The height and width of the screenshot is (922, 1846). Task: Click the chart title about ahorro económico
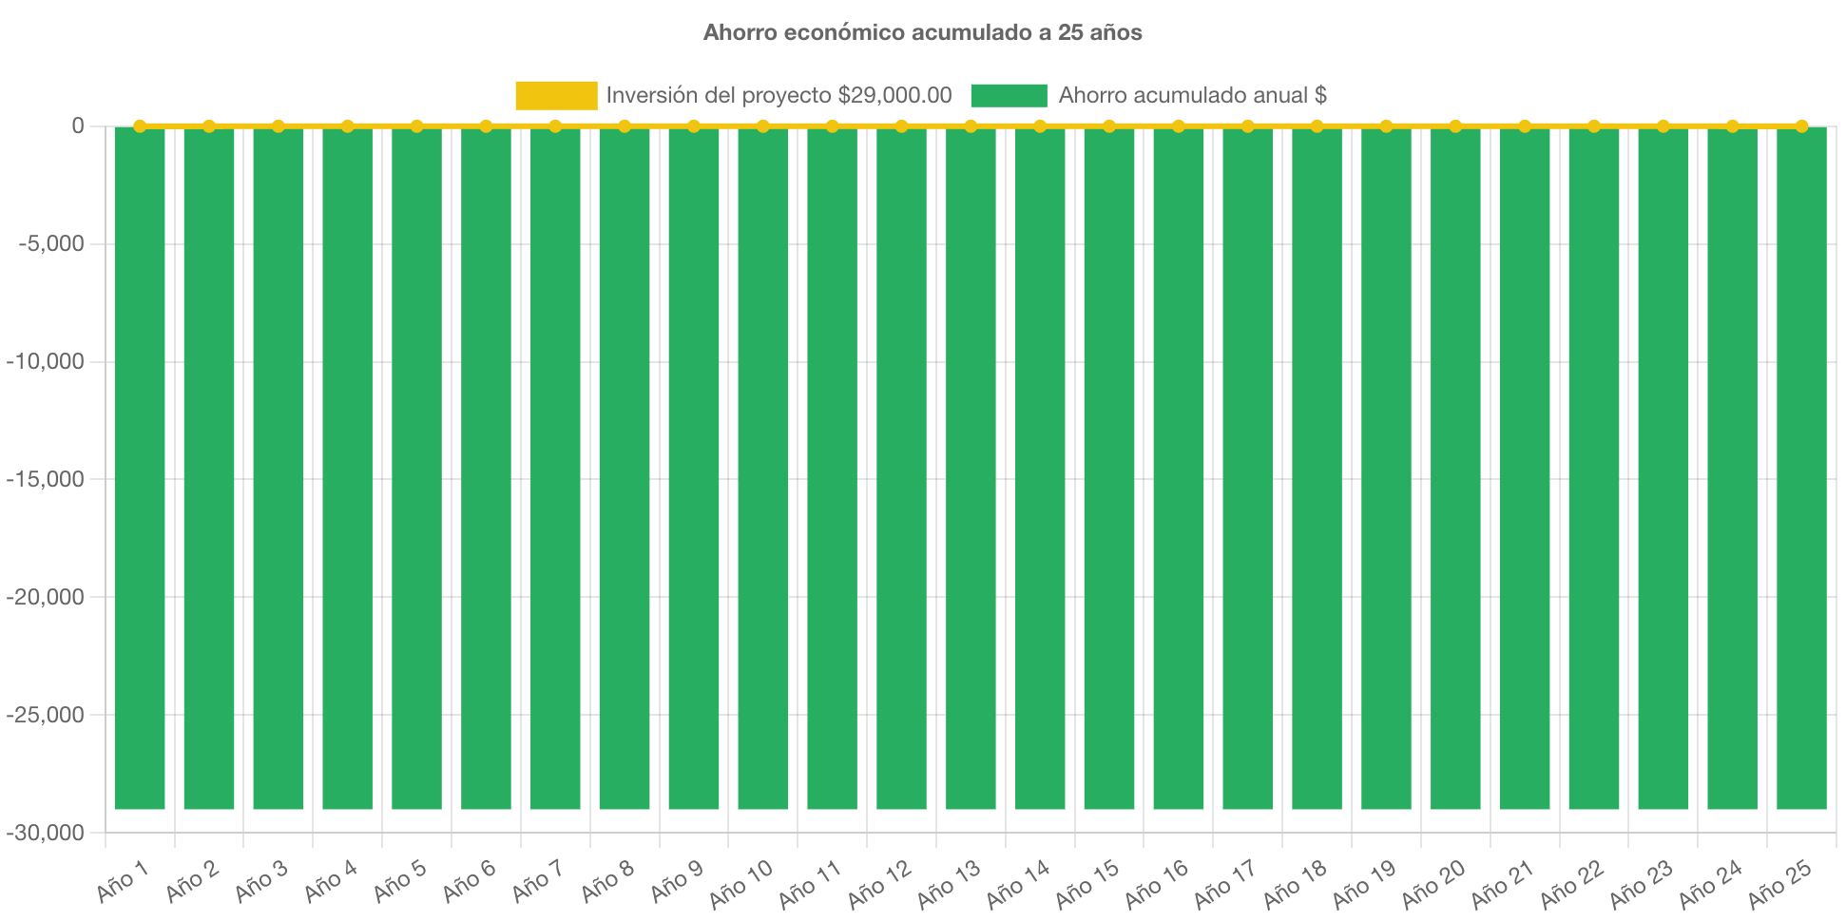coord(922,32)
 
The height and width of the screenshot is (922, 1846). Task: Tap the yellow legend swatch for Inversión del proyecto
coord(556,95)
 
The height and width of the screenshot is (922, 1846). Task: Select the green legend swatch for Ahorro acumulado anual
coord(1009,95)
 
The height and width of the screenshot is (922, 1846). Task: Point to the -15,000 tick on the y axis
coord(46,479)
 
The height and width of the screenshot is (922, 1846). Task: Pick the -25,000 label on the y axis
coord(46,715)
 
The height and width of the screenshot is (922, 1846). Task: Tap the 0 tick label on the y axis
coord(78,125)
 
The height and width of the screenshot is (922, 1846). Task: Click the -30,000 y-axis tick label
coord(46,833)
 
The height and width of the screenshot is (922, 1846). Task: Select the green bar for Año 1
coord(140,466)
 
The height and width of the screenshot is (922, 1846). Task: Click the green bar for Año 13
coord(971,466)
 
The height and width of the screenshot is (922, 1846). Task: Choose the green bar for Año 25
coord(1801,466)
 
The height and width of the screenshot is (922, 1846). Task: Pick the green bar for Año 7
coord(555,466)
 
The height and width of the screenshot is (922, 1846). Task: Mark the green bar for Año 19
coord(1386,466)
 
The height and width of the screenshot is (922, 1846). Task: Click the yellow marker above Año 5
coord(416,125)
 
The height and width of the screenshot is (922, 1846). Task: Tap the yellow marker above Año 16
coord(1179,125)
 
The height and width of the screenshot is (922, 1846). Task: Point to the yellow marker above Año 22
coord(1594,125)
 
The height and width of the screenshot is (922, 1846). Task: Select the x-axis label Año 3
coord(261,882)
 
